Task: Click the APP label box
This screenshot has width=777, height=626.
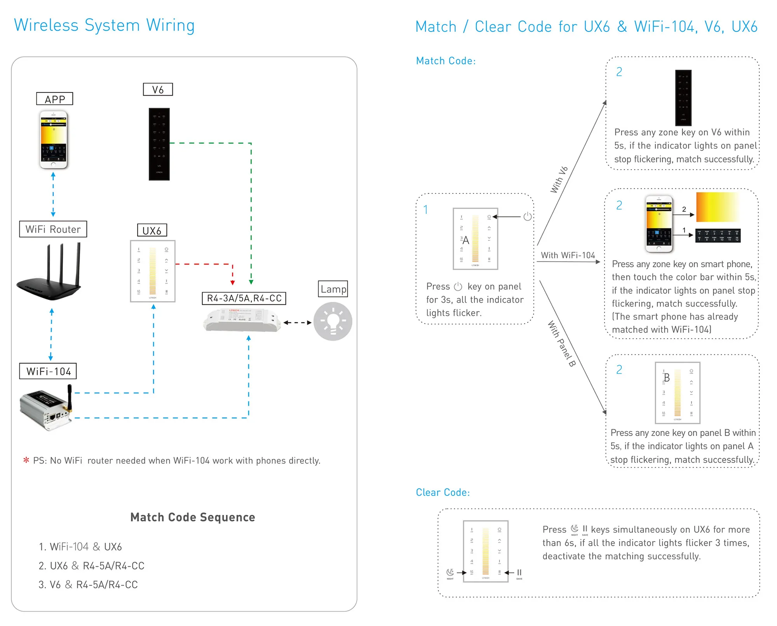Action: (x=54, y=99)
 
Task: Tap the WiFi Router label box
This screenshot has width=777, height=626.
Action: (x=53, y=229)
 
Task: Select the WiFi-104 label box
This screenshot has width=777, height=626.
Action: (x=48, y=371)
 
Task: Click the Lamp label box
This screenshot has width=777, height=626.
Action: (x=333, y=289)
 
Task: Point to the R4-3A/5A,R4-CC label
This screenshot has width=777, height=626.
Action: (x=244, y=298)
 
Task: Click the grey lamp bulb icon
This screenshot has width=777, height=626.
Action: (x=333, y=321)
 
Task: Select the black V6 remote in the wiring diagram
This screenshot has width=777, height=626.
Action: (x=159, y=144)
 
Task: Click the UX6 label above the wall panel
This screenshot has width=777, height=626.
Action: (x=152, y=230)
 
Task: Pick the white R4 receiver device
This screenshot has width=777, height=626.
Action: (x=242, y=320)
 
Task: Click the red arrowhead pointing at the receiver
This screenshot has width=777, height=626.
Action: (x=233, y=282)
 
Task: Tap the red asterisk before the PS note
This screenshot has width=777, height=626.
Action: (x=26, y=460)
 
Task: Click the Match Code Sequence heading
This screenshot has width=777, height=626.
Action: (x=193, y=517)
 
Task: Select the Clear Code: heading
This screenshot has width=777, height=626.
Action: (x=443, y=492)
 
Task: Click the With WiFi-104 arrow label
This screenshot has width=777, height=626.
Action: (x=568, y=255)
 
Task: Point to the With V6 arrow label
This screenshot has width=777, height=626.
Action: (x=559, y=180)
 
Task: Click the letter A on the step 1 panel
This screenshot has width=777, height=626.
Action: (x=466, y=241)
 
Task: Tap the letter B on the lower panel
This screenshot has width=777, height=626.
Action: (x=667, y=378)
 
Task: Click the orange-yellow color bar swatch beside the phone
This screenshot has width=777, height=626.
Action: (x=717, y=207)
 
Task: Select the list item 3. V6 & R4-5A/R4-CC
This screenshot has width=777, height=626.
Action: (x=89, y=584)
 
